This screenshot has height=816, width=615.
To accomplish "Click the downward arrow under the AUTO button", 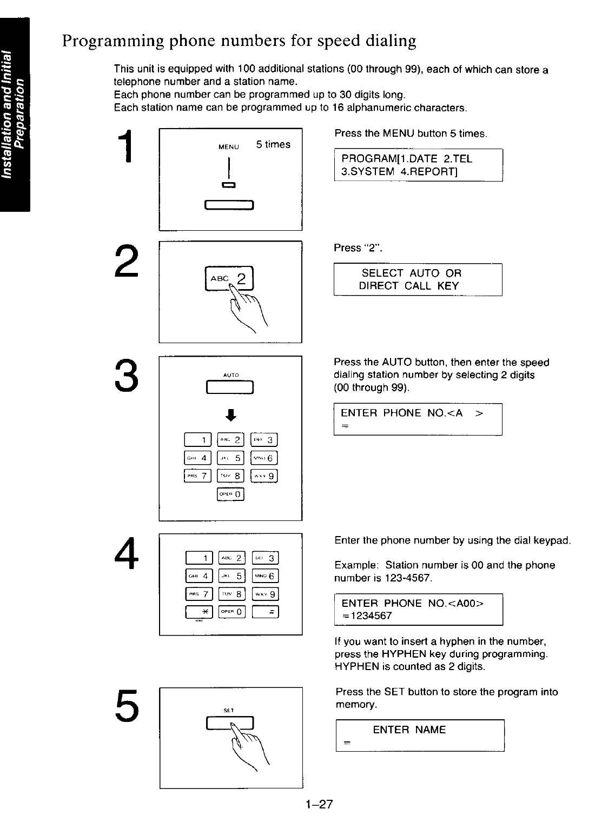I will pyautogui.click(x=230, y=414).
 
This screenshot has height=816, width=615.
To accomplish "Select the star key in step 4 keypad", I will pyautogui.click(x=199, y=611).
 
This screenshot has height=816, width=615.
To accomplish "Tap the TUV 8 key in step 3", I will pyautogui.click(x=231, y=476).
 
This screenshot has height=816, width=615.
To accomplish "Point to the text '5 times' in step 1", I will pyautogui.click(x=273, y=144).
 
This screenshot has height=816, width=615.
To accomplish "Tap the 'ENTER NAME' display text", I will pyautogui.click(x=409, y=730).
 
